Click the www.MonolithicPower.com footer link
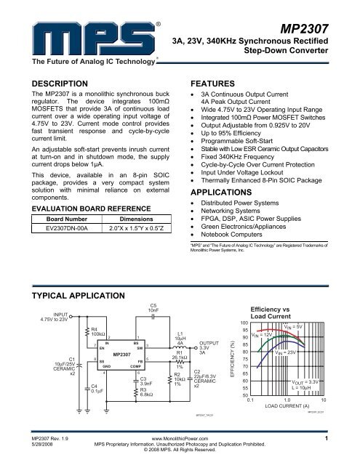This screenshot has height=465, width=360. pyautogui.click(x=180, y=439)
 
